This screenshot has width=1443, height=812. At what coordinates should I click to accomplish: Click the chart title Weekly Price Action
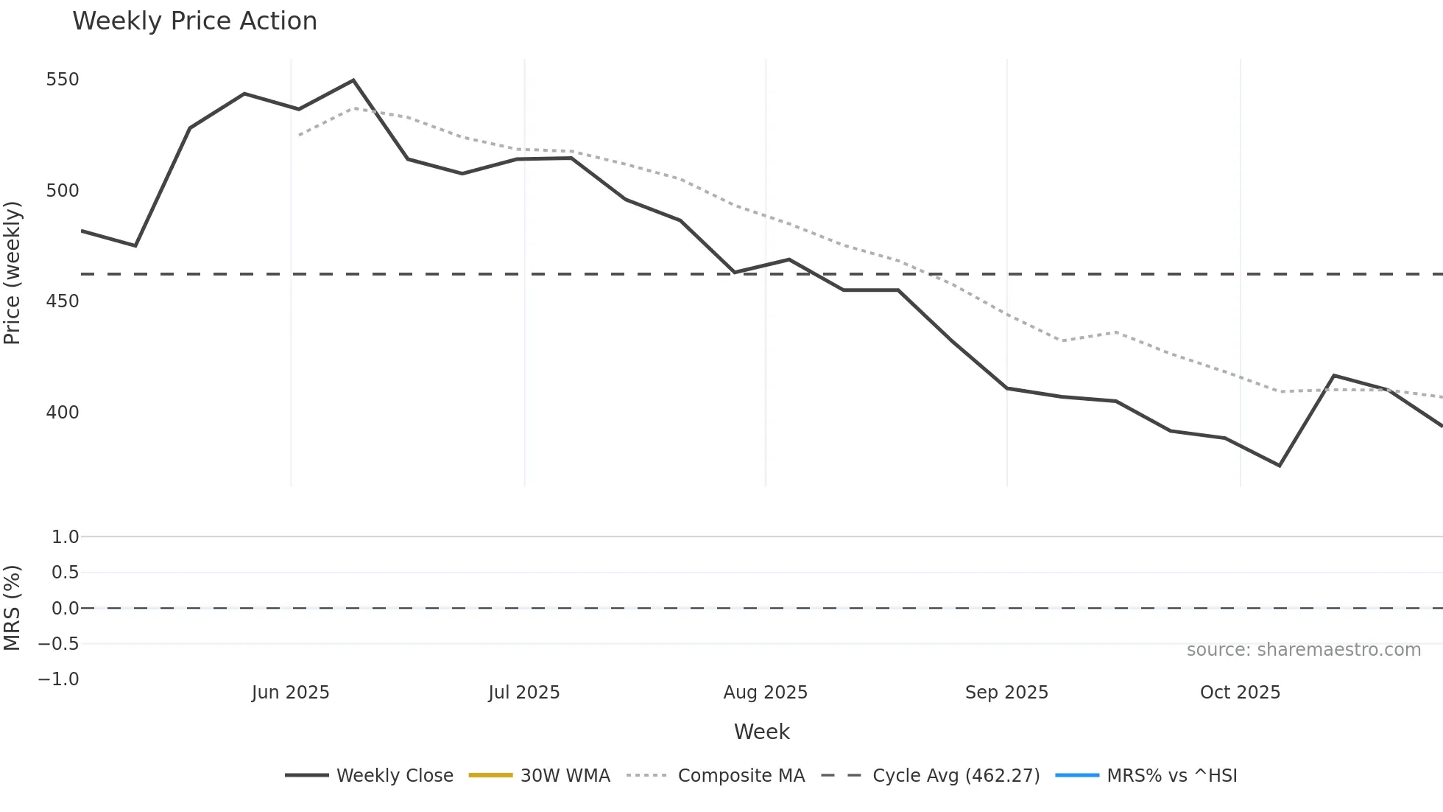(x=194, y=21)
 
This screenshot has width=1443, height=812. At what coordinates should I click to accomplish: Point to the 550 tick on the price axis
(x=63, y=80)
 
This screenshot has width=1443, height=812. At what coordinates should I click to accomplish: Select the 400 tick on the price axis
(x=63, y=412)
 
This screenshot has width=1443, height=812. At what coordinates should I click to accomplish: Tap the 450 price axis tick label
(x=63, y=301)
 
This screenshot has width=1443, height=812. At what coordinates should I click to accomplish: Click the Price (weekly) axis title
(x=13, y=273)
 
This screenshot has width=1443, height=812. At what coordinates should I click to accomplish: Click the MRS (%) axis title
(x=13, y=608)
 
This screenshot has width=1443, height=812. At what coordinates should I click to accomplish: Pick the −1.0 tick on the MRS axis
(x=59, y=679)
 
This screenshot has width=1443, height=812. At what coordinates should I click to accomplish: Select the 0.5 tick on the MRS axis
(x=65, y=573)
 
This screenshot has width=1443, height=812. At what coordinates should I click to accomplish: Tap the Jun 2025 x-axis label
(x=290, y=693)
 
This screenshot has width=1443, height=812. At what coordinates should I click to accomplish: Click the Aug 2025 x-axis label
(x=765, y=693)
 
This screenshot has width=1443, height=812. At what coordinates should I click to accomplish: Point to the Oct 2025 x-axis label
(x=1240, y=693)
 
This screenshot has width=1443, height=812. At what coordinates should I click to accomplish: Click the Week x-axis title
(x=761, y=732)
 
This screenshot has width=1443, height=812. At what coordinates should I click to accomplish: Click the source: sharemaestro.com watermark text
(x=1303, y=650)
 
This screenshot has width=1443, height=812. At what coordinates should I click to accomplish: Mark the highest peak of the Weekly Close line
(x=353, y=80)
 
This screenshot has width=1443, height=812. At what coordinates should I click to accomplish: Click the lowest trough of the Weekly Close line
(x=1280, y=466)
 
